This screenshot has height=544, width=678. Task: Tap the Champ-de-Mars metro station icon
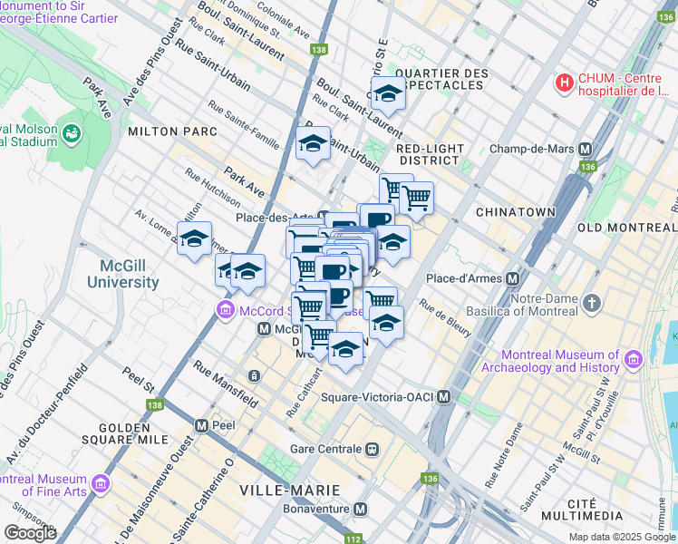tap(586, 149)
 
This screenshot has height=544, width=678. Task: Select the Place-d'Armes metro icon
tap(513, 278)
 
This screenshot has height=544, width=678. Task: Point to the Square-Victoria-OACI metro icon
tap(443, 397)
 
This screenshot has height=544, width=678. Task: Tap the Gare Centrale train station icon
tap(372, 449)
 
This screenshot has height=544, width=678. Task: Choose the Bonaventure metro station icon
tap(361, 510)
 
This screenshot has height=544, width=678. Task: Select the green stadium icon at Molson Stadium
tap(71, 134)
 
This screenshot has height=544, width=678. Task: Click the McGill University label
tap(122, 274)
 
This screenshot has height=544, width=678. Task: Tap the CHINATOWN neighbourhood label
tap(542, 211)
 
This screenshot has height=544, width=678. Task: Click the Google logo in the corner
tap(31, 532)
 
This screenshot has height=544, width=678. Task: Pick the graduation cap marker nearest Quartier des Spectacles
tap(387, 92)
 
